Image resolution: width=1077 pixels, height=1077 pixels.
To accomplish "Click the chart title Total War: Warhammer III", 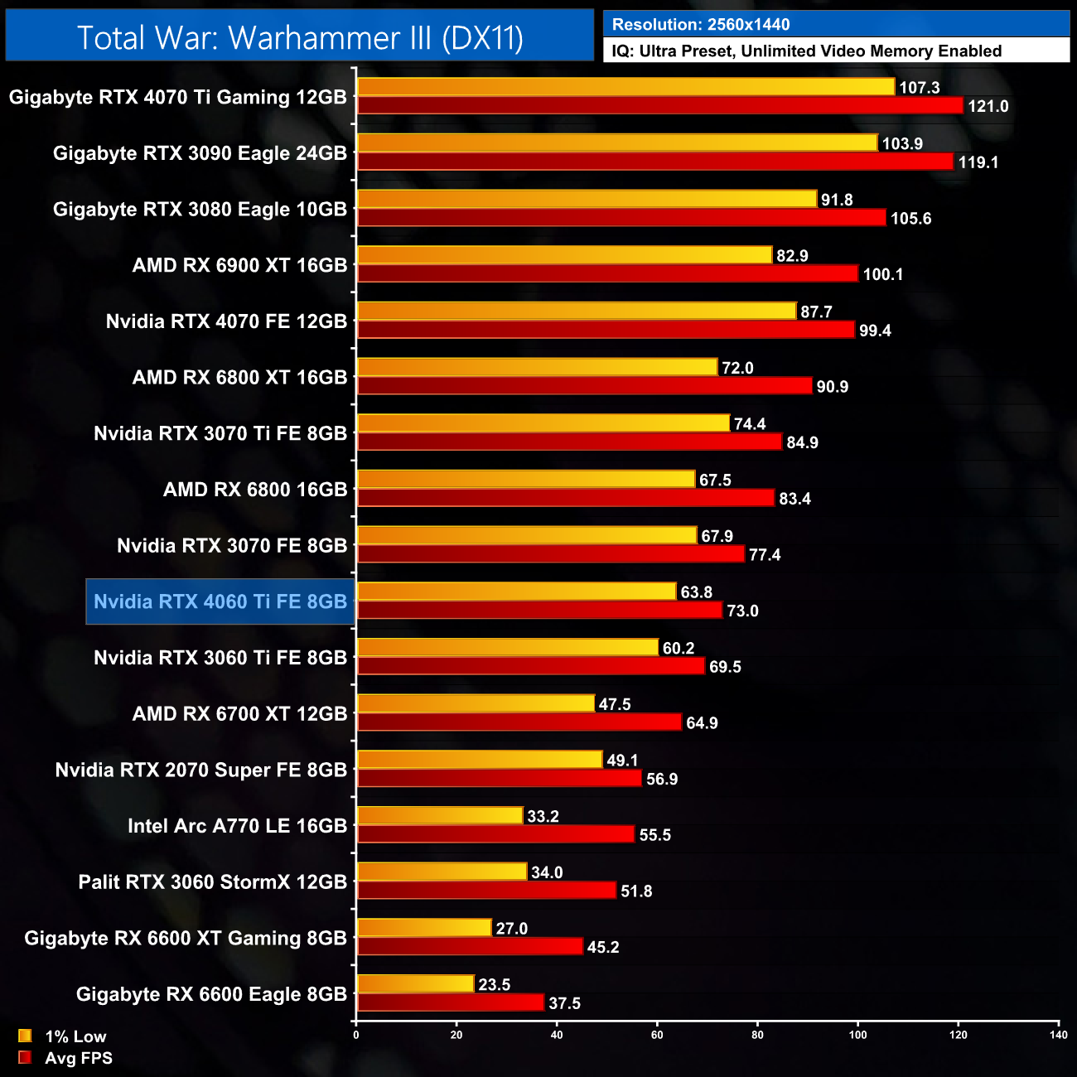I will [300, 38].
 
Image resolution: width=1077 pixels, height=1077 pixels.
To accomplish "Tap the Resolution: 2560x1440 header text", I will [701, 25].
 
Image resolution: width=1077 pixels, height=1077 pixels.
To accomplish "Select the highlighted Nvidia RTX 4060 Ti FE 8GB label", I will [220, 601].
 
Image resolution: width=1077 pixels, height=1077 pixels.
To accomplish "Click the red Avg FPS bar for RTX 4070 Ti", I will [659, 106].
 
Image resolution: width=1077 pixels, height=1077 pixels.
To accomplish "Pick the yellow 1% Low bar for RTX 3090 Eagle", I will [616, 143].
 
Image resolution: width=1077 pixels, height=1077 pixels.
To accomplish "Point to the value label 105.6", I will [910, 219].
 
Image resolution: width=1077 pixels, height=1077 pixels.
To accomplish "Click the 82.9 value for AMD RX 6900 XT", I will [792, 256].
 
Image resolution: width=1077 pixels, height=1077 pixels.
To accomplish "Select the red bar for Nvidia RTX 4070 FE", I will [606, 331].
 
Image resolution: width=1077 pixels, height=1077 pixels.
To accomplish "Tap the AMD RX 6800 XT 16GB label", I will [239, 378].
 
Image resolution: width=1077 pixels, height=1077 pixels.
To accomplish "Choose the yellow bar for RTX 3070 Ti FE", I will [543, 423].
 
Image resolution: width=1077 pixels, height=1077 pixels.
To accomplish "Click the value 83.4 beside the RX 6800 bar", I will [794, 499].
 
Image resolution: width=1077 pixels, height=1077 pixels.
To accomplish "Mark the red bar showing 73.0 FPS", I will [540, 611].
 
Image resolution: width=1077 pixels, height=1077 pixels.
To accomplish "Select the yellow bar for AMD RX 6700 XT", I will [476, 703].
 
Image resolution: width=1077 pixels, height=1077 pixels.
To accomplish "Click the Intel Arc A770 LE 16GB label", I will [237, 826].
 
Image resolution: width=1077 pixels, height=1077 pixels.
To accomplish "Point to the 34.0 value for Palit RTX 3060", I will [547, 872].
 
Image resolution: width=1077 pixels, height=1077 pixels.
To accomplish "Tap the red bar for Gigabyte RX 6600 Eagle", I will [450, 1003].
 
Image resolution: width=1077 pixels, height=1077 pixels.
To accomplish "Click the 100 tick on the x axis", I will [857, 1035].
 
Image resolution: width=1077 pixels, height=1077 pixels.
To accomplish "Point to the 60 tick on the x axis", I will [657, 1035].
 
